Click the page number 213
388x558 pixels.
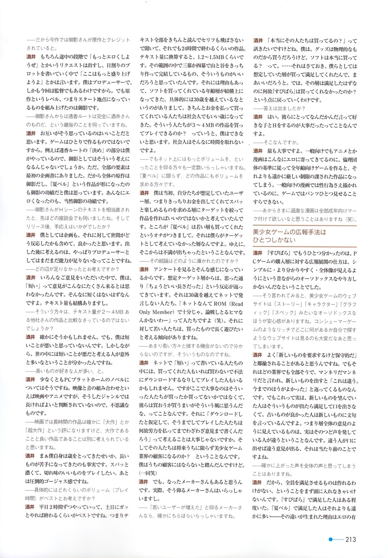[x=350, y=540]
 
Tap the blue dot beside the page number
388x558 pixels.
[x=330, y=539]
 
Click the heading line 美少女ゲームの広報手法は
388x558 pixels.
[x=289, y=232]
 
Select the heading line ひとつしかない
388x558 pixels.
[x=274, y=240]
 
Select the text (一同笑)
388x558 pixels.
[x=148, y=473]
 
